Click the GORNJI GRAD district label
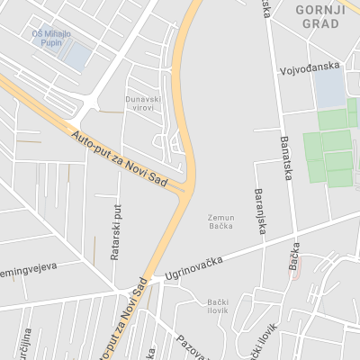click(319, 16)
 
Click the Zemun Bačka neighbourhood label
click(220, 220)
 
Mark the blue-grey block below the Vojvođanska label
click(329, 87)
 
